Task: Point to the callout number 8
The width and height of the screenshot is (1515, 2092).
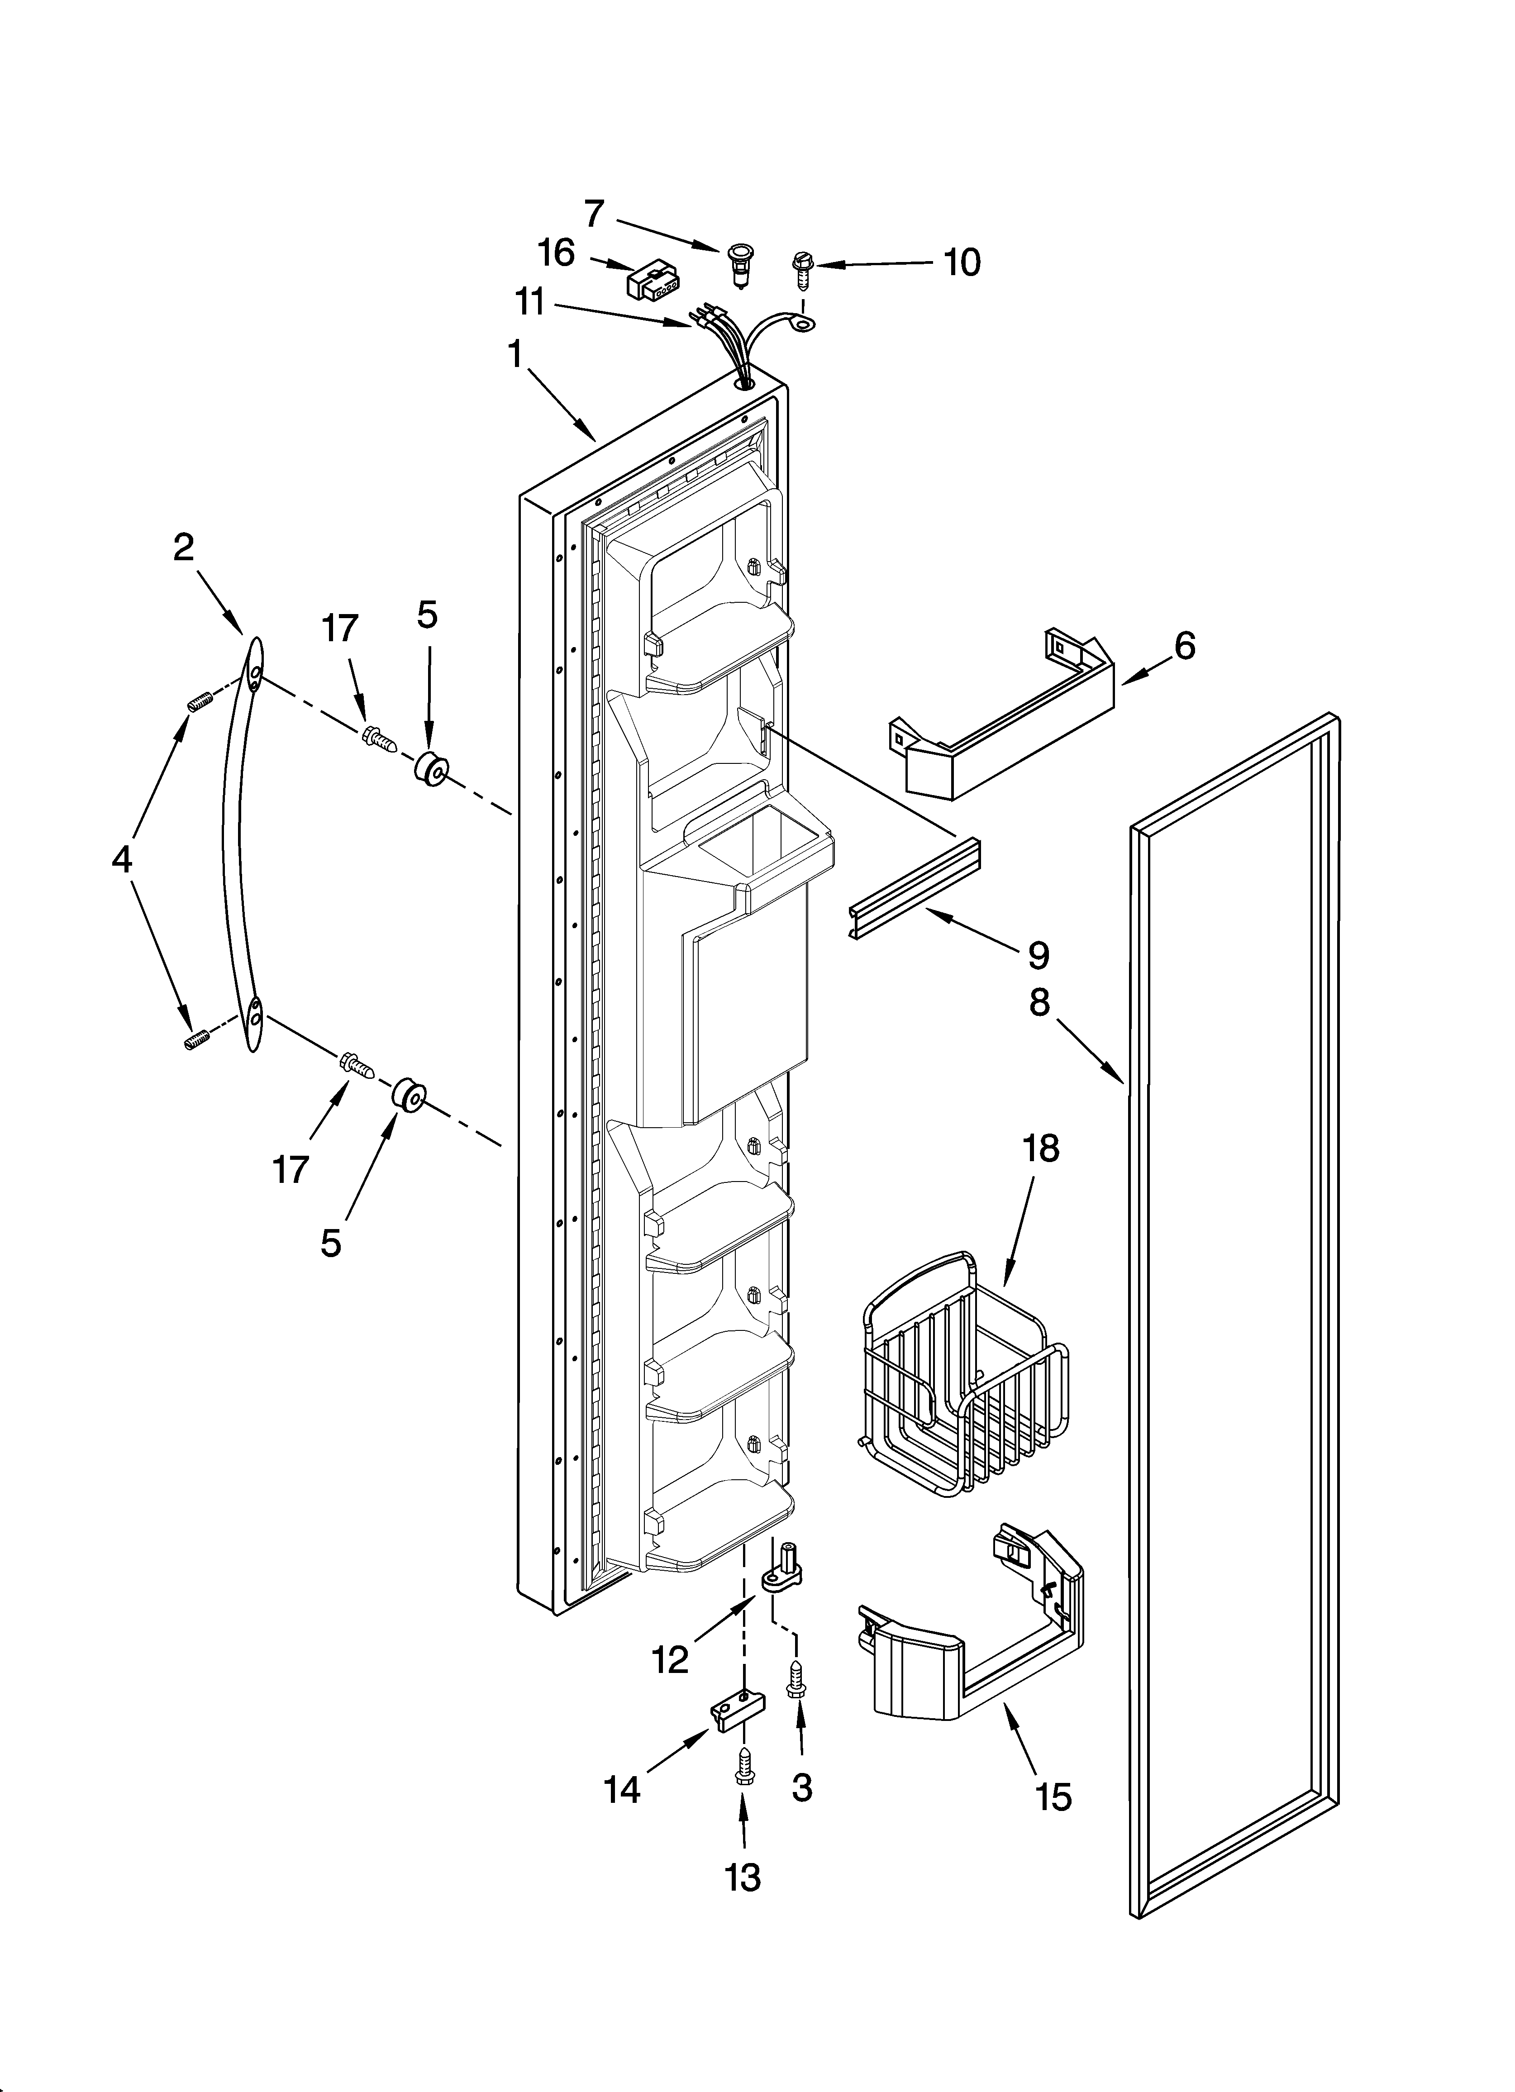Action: point(1040,1003)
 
